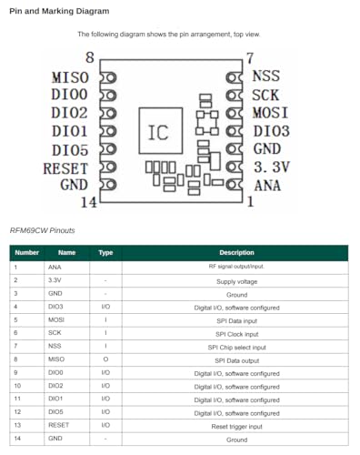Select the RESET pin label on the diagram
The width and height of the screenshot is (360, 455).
click(x=65, y=167)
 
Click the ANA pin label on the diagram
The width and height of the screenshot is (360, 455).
click(x=267, y=185)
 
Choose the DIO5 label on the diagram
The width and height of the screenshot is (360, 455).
click(x=70, y=149)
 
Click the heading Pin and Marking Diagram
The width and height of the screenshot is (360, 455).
click(x=59, y=11)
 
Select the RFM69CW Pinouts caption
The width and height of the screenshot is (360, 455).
click(x=43, y=230)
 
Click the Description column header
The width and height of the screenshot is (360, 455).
click(x=236, y=253)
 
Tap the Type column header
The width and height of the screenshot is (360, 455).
click(x=105, y=253)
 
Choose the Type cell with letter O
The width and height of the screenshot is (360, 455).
click(x=105, y=359)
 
